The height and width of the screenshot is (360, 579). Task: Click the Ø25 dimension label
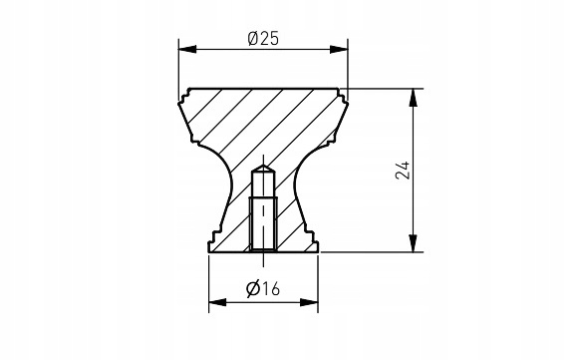tap(263, 39)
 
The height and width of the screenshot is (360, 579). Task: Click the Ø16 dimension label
tap(263, 288)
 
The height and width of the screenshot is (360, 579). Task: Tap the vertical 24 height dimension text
tap(403, 170)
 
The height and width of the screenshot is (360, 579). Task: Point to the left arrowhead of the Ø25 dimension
tap(187, 49)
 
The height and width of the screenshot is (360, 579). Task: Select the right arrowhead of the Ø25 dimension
tap(339, 49)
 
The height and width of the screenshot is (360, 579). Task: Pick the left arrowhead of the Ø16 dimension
tap(217, 302)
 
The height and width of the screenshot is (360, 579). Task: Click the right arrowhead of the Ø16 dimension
tap(309, 302)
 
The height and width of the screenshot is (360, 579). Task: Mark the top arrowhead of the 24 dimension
tap(414, 98)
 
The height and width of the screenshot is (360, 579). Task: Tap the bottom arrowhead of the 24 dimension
tap(414, 243)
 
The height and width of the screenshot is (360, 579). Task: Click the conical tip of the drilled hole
tap(263, 168)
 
